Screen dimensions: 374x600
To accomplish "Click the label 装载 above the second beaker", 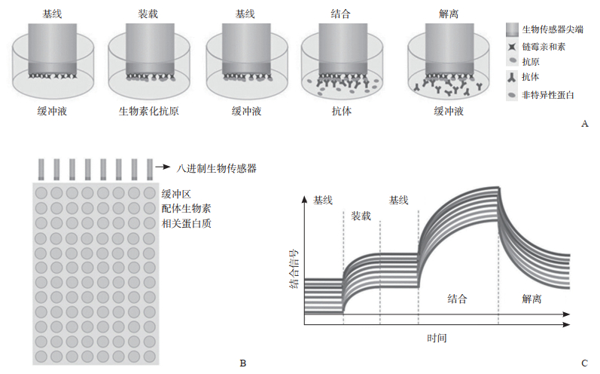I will click(148, 14).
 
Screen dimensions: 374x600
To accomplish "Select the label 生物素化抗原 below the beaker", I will click(148, 112).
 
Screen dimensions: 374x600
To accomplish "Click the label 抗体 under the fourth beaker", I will click(342, 112).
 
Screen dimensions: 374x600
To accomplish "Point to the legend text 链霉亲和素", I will click(544, 46).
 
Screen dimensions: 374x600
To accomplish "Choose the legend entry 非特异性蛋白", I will click(548, 95).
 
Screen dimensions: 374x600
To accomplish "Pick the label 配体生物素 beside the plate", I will click(187, 208).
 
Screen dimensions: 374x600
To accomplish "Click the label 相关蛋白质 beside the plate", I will click(187, 223).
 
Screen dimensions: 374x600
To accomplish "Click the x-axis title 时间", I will click(436, 339).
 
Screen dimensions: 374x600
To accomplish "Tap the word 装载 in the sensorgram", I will click(361, 216).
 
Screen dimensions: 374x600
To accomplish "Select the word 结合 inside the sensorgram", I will click(457, 299).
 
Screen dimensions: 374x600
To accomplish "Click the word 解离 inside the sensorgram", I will click(531, 299).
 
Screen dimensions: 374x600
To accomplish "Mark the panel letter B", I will click(242, 363).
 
